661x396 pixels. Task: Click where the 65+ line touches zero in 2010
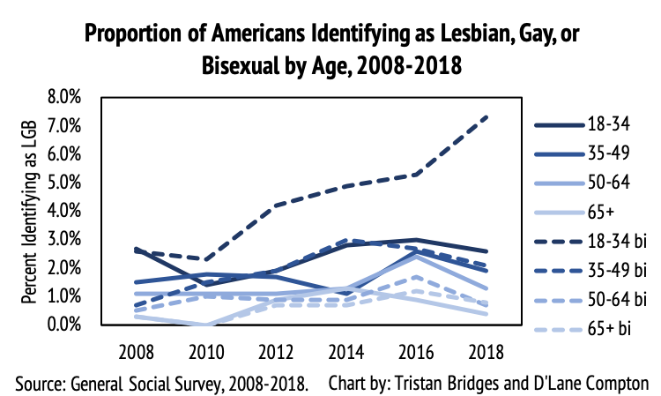coord(205,325)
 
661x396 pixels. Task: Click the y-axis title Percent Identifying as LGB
coord(31,212)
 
